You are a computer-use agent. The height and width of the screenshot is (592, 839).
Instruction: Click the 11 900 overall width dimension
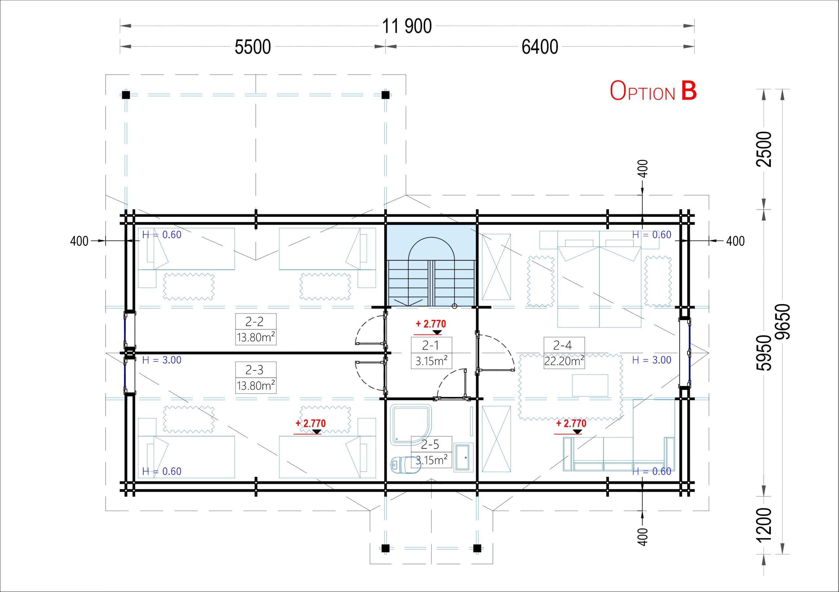[407, 26]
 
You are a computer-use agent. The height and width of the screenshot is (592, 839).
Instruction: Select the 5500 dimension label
[252, 47]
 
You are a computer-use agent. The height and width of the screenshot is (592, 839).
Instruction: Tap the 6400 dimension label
[540, 47]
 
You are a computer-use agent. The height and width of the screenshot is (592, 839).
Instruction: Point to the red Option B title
[653, 91]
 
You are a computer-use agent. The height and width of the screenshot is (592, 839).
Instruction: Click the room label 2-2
[254, 322]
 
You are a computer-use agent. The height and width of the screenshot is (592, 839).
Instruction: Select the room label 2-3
[254, 370]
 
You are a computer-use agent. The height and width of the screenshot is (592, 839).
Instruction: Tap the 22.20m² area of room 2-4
[564, 361]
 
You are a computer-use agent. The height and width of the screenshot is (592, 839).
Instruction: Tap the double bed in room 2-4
[599, 279]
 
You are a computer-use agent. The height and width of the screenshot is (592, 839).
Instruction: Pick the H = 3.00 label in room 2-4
[652, 360]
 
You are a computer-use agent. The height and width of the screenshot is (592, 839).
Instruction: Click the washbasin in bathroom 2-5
[463, 456]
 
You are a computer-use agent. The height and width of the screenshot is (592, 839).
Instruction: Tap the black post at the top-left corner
[126, 95]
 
